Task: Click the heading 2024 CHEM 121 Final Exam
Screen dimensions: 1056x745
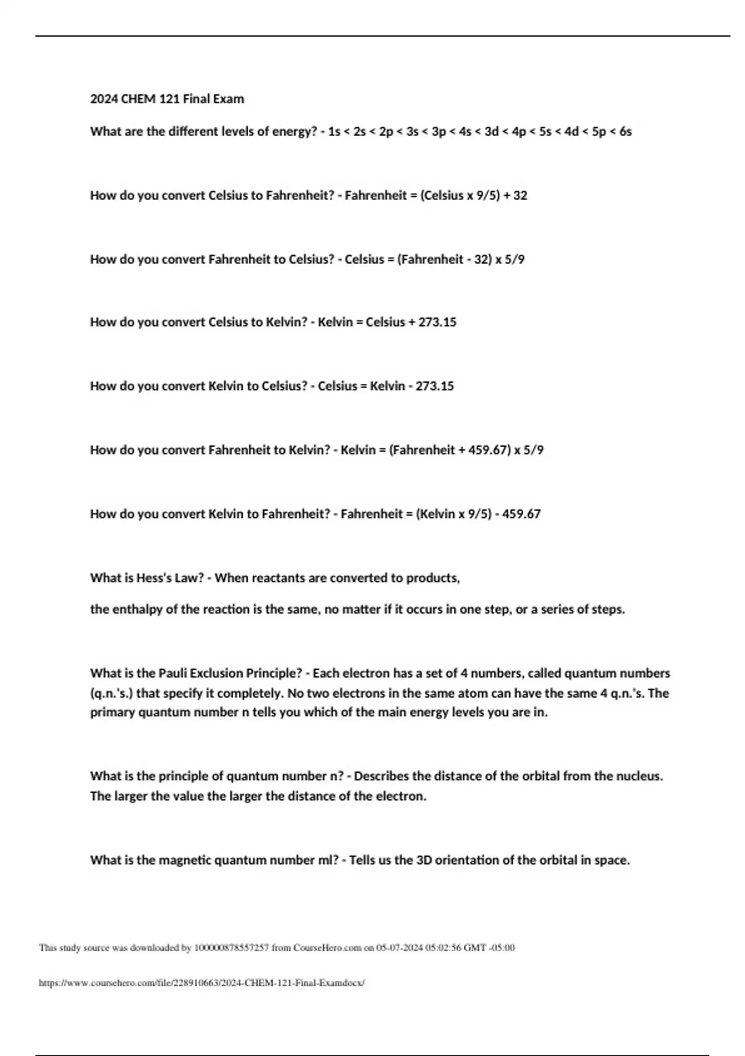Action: [167, 99]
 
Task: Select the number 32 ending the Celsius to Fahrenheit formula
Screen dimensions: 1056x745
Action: [520, 196]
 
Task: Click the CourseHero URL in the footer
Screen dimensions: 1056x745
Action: [202, 983]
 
